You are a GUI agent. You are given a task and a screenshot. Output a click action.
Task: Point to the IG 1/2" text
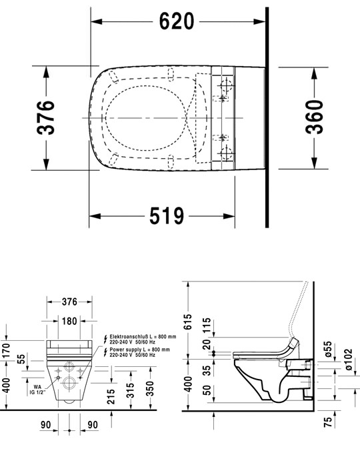pyautogui.click(x=31, y=393)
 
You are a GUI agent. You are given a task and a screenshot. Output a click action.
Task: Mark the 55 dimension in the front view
pyautogui.click(x=23, y=358)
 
